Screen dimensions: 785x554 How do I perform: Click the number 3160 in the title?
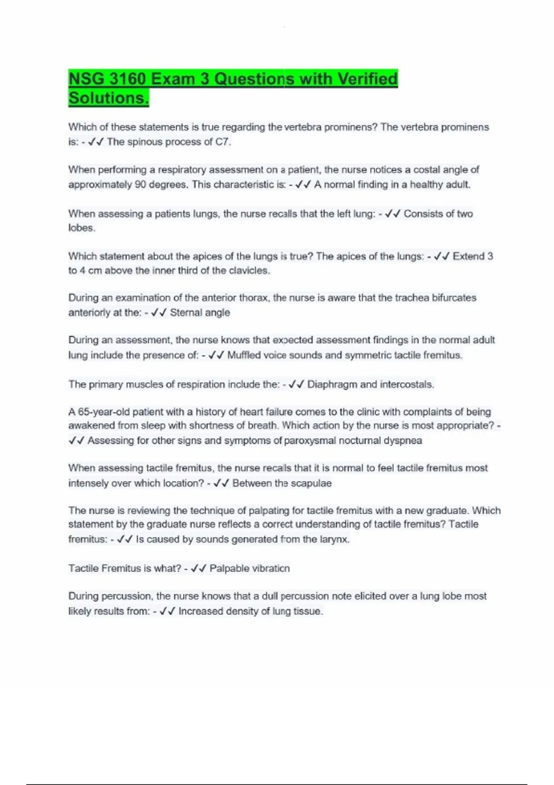[127, 79]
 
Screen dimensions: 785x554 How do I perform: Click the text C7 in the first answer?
[223, 142]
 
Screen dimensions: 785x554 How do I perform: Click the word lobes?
[82, 228]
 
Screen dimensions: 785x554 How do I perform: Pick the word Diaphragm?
[332, 384]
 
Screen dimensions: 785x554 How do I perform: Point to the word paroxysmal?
[310, 441]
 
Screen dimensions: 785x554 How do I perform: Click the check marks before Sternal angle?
[158, 313]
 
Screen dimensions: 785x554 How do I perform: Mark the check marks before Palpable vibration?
[198, 568]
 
